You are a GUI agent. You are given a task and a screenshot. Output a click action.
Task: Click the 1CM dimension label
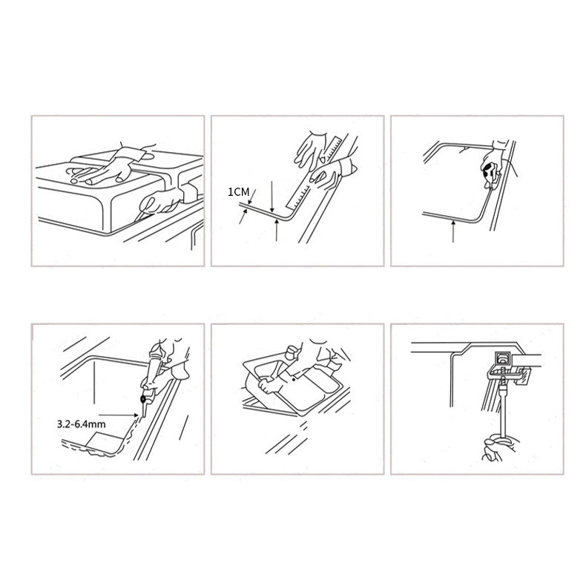238,192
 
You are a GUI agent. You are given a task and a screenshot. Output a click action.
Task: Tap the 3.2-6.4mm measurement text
81,424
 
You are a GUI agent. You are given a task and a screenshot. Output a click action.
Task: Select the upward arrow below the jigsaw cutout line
453,231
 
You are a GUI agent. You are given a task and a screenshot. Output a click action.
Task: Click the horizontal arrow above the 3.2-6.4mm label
119,415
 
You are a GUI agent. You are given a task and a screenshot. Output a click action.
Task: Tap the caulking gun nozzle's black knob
143,399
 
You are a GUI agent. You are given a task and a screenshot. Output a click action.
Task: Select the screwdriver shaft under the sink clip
501,406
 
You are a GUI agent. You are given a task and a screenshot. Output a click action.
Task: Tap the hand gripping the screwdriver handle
498,447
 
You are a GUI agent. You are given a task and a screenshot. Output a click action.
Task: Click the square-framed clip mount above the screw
502,358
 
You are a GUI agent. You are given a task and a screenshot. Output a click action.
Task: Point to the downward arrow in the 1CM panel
272,197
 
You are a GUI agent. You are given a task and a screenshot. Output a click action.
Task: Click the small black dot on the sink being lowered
294,380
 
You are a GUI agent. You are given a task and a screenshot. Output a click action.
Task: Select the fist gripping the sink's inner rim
269,385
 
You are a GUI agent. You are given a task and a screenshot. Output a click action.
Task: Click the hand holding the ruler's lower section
328,174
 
